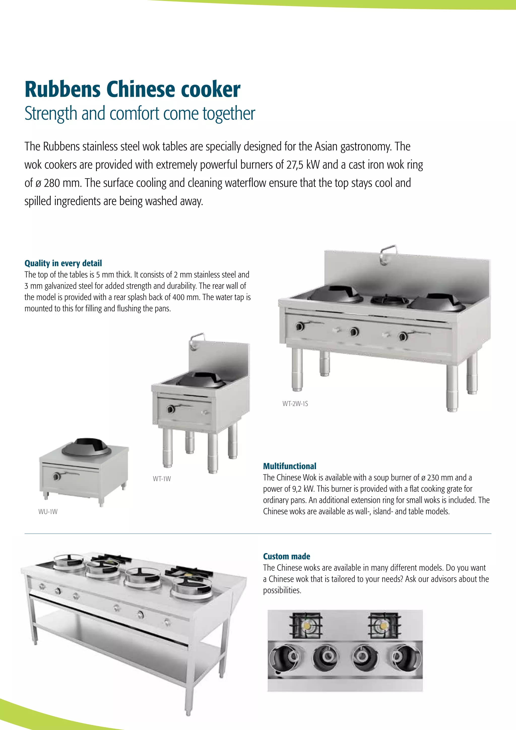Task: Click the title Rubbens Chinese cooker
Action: click(x=132, y=90)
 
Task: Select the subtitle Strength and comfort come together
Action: click(x=140, y=113)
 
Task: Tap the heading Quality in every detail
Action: click(x=63, y=263)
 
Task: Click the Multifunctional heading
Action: click(x=289, y=466)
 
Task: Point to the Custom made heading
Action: click(x=286, y=556)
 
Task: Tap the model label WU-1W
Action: click(x=48, y=511)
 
